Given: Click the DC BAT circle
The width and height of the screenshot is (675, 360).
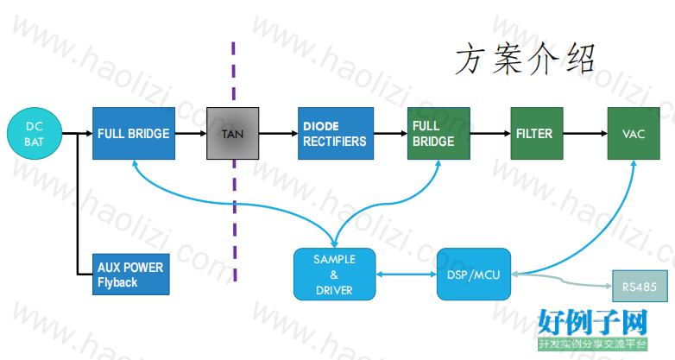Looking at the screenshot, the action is pos(35,134).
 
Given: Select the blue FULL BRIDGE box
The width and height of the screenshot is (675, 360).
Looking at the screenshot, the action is pos(134,134).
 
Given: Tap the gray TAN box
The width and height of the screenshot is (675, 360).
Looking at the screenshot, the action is pos(232,134).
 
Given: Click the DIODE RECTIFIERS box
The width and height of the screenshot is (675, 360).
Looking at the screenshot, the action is pos(336,134).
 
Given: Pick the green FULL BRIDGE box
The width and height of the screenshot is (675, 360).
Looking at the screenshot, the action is pos(438,134).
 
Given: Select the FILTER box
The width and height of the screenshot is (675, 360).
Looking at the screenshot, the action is pos(537,134).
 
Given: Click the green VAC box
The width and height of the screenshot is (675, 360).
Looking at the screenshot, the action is pos(634,134).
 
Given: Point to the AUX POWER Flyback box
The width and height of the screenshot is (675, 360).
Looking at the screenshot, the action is pos(131,275).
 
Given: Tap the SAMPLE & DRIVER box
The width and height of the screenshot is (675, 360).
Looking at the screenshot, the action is pos(335,275).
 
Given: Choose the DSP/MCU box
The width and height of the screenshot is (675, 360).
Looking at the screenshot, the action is pos(474,275).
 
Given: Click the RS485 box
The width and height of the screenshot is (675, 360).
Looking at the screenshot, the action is pos(640,287).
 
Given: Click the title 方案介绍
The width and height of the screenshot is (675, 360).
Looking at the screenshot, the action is pos(525,59).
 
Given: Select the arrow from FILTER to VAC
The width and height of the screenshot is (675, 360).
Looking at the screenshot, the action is pos(585,134).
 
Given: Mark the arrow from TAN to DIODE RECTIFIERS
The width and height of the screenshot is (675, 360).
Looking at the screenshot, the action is pos(279,134).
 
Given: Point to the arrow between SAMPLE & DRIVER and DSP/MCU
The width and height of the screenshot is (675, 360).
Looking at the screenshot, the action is pos(407,275).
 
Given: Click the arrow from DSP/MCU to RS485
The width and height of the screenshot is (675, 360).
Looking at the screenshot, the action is pos(562,281).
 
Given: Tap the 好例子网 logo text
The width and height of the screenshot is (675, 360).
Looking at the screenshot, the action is pos(593,322).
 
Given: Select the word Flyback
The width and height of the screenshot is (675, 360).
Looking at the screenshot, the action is pos(117,282).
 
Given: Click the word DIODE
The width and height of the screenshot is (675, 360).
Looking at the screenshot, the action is pos(321,126).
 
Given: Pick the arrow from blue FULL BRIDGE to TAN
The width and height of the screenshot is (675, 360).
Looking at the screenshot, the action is pos(191,134).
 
